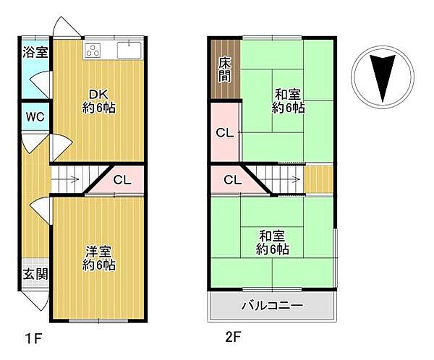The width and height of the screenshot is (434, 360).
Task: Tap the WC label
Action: tap(33, 116)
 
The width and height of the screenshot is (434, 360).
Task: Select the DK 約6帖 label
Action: tap(99, 101)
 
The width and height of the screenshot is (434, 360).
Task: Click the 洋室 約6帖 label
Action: tap(99, 258)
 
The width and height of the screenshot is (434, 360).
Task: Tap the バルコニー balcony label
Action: tap(272, 305)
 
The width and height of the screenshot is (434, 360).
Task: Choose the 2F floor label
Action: tap(231, 337)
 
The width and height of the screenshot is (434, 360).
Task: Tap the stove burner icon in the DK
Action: tap(94, 50)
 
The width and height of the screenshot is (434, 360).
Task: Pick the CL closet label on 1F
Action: tap(122, 181)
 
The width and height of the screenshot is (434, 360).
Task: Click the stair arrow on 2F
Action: tap(292, 180)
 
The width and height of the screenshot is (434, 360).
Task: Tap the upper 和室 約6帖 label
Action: tap(288, 100)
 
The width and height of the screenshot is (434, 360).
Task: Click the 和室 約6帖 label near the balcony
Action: tap(273, 242)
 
